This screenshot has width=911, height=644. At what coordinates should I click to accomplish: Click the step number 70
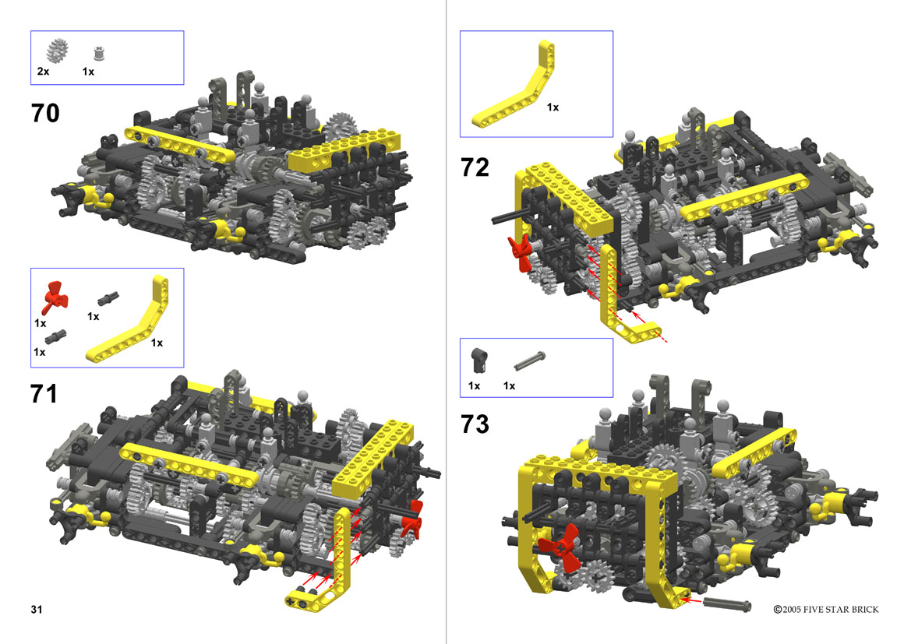tap(44, 113)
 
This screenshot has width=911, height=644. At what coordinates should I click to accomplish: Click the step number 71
tap(44, 394)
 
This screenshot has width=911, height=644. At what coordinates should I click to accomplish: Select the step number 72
tap(475, 167)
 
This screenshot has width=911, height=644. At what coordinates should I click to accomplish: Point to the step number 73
tap(475, 424)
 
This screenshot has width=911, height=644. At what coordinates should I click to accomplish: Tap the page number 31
tap(37, 609)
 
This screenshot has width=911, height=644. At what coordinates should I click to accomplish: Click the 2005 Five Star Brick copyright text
tap(825, 610)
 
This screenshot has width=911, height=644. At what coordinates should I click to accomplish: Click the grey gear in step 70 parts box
tap(57, 51)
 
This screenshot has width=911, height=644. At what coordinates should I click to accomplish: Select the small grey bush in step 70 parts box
tap(99, 54)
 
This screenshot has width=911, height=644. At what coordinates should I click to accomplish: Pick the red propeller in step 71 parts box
tap(55, 297)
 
